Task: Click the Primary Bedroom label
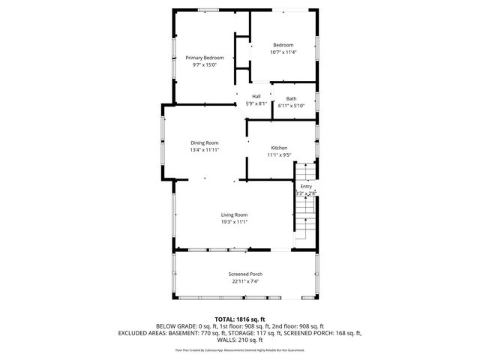pos(205,58)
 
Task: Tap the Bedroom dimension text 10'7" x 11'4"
pos(283,52)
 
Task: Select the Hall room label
pos(256,96)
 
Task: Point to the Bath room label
pos(291,99)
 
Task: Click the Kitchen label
pos(279,148)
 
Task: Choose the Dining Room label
pos(204,142)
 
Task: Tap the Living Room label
pos(234,215)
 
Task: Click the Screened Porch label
pos(245,274)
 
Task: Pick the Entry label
pos(306,186)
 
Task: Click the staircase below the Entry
pos(304,222)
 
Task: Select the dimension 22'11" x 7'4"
pos(245,281)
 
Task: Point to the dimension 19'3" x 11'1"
pos(234,222)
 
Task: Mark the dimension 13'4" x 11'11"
pos(204,150)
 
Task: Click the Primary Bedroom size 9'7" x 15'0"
pos(205,65)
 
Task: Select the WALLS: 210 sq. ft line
pos(240,340)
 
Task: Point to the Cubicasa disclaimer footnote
pos(240,350)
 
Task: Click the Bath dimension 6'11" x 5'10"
pos(291,106)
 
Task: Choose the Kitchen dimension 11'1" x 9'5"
pos(279,155)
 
